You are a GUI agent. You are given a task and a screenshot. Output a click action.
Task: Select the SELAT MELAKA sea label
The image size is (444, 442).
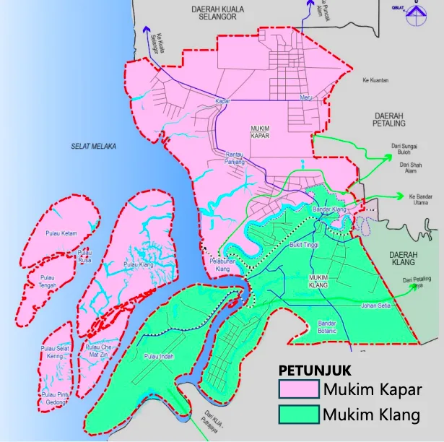point(93,146)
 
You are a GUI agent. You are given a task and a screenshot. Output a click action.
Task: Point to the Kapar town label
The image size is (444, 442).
point(222,101)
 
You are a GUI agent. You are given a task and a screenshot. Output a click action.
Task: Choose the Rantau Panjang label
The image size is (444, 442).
point(235,159)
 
